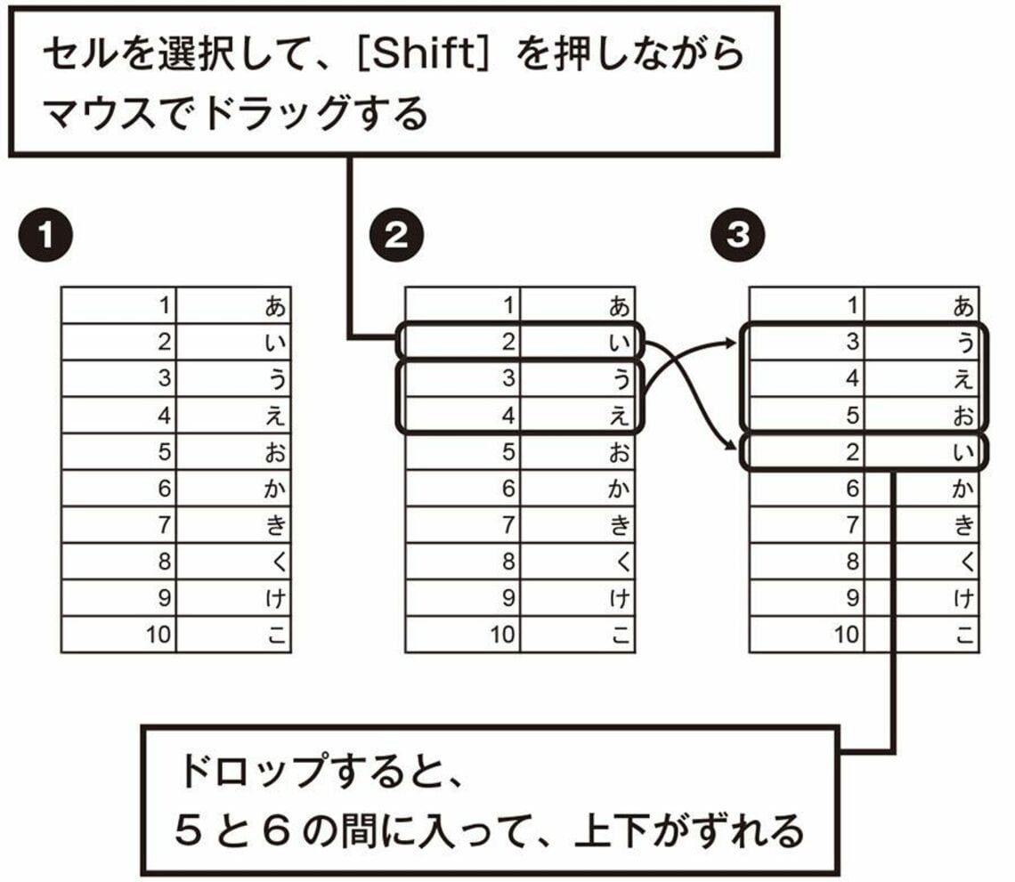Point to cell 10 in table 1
point(118,635)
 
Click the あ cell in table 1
point(234,306)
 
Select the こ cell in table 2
point(578,635)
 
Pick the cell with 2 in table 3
point(806,452)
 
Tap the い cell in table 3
point(922,452)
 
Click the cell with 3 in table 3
point(806,343)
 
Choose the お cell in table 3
point(922,416)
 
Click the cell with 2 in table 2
point(462,343)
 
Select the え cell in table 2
point(578,416)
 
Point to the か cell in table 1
point(234,489)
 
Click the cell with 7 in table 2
point(462,525)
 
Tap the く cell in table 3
point(922,562)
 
